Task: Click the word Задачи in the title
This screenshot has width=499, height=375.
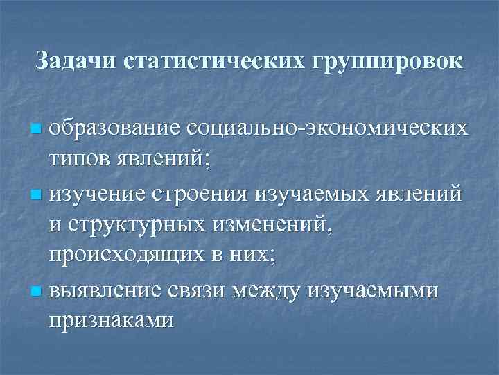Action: tap(76, 60)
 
